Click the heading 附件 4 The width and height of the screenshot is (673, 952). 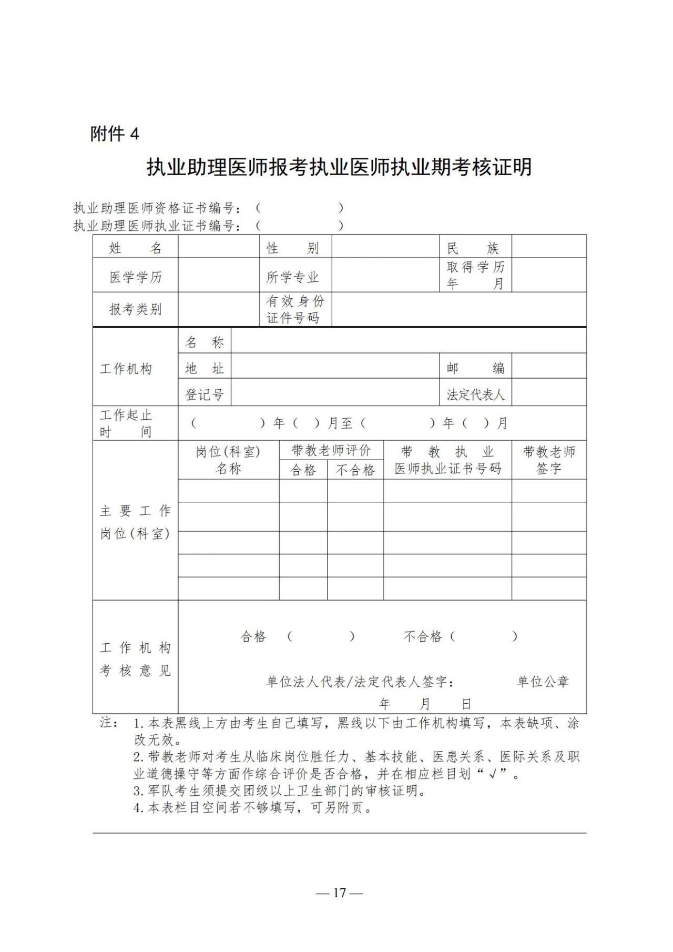115,134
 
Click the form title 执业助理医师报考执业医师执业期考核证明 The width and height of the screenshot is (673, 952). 339,167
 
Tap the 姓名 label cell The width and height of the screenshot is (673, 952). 135,248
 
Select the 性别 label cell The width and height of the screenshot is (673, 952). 293,248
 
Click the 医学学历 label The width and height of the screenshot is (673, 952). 135,277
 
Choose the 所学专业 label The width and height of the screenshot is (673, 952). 293,277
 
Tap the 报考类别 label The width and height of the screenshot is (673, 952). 135,309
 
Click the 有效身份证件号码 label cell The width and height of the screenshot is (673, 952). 294,309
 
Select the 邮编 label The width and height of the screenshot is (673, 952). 475,368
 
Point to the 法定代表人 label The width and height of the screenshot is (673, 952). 475,394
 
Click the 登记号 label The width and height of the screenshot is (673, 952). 205,394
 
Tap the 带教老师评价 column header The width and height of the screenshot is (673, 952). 331,451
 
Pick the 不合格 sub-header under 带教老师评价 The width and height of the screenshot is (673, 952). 355,470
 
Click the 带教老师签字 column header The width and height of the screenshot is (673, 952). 549,460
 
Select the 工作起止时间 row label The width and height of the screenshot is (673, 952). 126,423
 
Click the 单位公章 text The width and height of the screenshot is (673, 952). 543,682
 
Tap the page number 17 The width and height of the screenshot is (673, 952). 340,893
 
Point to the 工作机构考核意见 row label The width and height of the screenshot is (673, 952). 135,659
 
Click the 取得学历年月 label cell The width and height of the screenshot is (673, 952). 475,275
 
